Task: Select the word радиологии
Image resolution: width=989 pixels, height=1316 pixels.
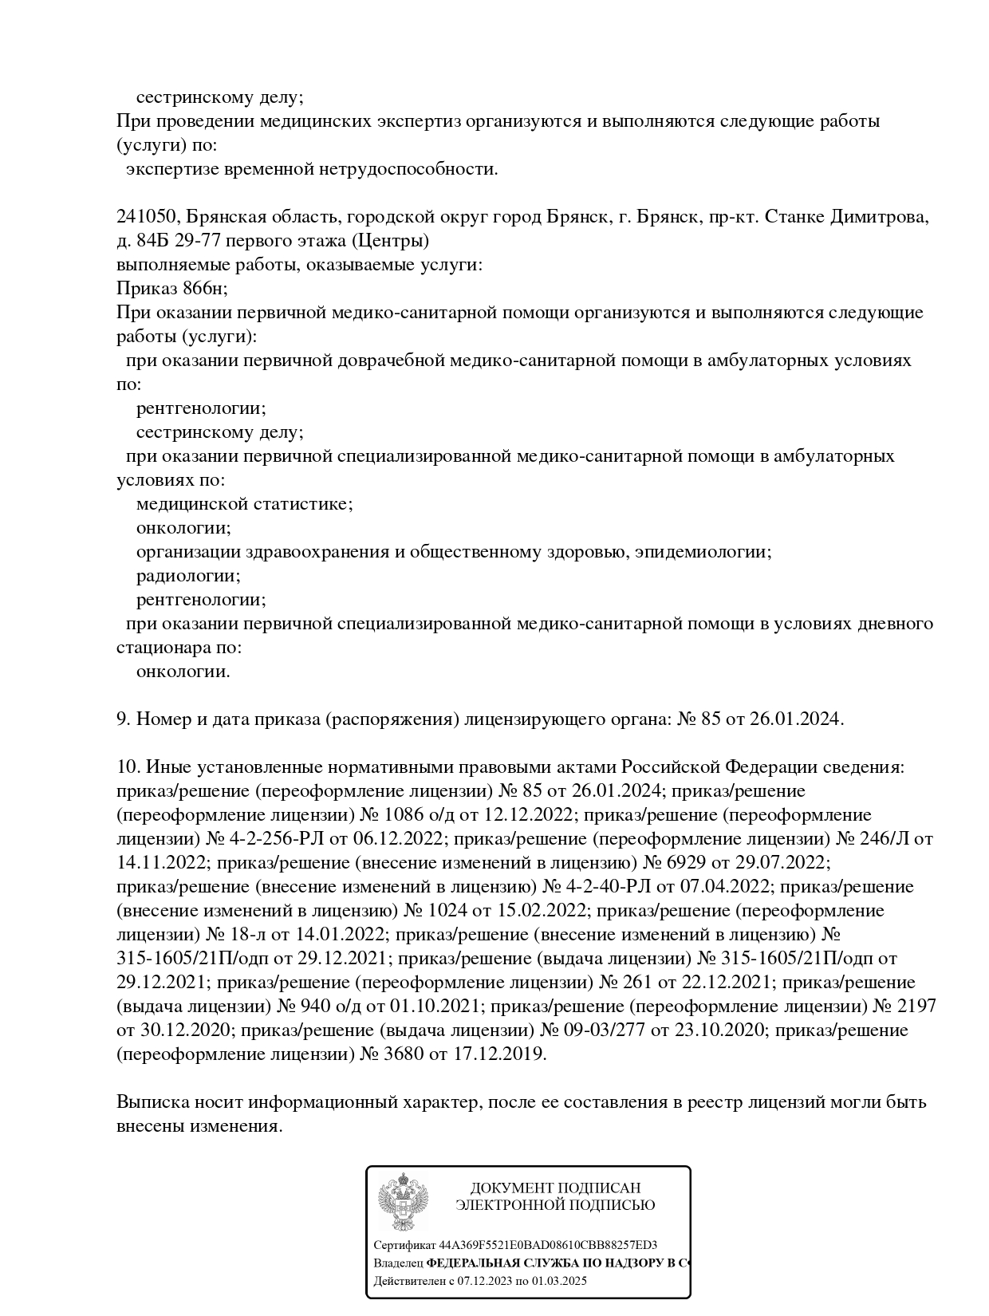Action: click(x=188, y=576)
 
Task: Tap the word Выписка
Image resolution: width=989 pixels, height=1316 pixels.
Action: click(x=152, y=1102)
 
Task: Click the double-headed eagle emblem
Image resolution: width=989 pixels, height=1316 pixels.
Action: click(x=404, y=1202)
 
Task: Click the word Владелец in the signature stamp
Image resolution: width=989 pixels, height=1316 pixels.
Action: click(x=398, y=1263)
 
